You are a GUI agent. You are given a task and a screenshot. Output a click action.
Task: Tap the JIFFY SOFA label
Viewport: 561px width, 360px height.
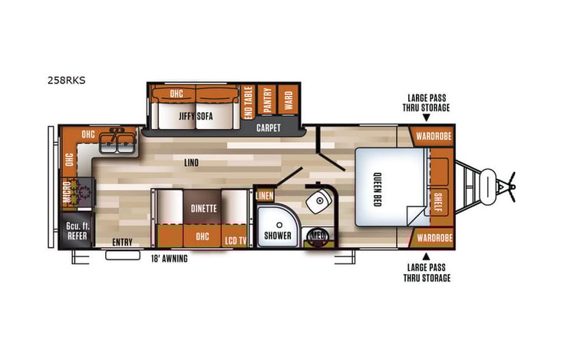[196, 116]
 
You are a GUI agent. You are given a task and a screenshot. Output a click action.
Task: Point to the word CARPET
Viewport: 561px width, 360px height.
[268, 127]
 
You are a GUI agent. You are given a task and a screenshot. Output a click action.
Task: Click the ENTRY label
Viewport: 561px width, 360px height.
[122, 243]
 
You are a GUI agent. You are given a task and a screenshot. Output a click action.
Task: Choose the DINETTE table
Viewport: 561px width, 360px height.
[203, 207]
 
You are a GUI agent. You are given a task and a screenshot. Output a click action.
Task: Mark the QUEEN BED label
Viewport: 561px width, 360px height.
[381, 184]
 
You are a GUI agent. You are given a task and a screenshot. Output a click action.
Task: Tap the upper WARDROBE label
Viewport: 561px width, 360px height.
[434, 137]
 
